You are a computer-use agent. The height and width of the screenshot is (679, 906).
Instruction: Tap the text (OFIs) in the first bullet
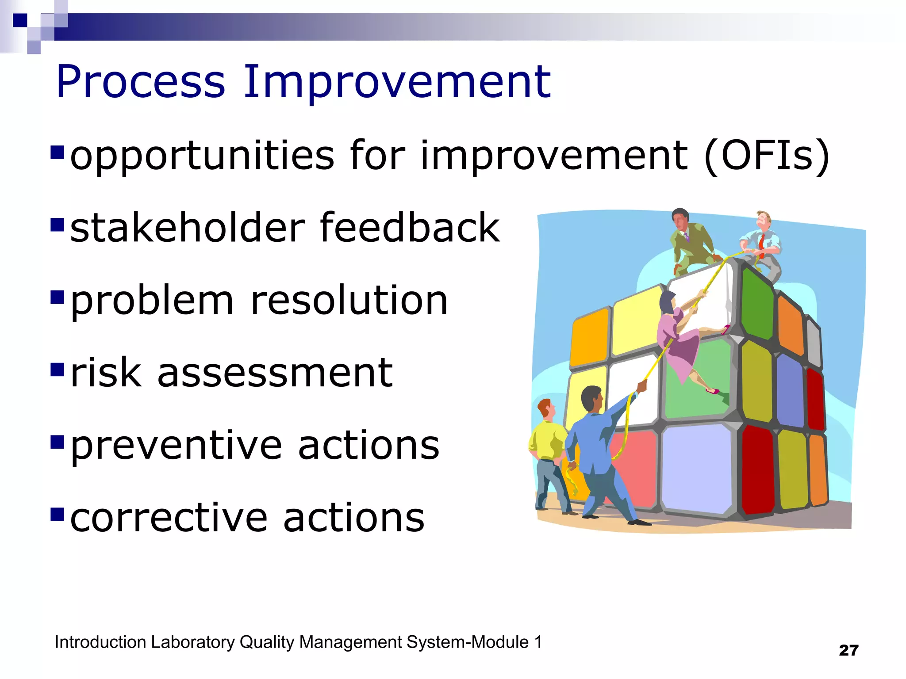click(766, 156)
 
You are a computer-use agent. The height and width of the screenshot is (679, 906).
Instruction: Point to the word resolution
click(349, 301)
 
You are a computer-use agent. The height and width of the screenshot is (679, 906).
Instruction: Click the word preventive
click(176, 446)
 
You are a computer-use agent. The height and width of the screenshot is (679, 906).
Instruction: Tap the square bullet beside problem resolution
click(58, 298)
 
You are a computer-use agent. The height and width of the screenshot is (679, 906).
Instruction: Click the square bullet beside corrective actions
click(58, 515)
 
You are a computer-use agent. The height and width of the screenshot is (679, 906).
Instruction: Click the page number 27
click(848, 650)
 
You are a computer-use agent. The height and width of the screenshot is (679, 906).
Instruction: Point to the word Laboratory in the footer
click(192, 642)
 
